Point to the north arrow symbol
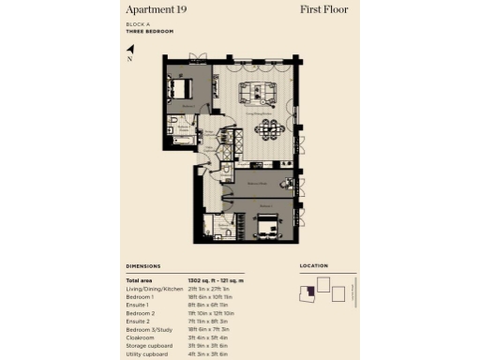click(130, 49)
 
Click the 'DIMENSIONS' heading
click(143, 266)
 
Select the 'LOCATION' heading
click(314, 266)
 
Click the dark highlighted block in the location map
click(307, 296)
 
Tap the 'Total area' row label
click(140, 280)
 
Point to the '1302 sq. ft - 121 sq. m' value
click(216, 280)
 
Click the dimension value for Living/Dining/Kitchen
click(209, 288)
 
